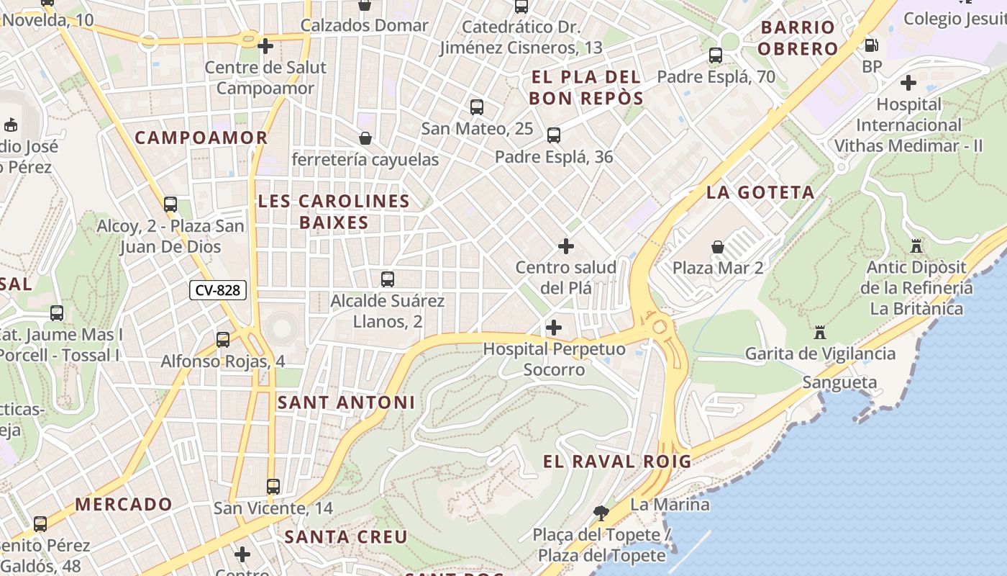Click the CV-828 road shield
tap(218, 290)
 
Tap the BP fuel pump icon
tap(871, 45)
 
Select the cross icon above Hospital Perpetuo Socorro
tap(553, 328)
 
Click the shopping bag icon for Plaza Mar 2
tap(717, 247)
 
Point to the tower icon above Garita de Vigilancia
tap(819, 333)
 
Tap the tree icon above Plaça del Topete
tap(601, 513)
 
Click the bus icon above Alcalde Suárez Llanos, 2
tap(387, 279)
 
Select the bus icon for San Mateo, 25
tap(476, 107)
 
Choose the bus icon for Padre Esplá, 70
tap(715, 55)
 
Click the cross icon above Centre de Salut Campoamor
tap(265, 46)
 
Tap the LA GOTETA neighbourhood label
tap(760, 192)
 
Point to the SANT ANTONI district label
tap(346, 402)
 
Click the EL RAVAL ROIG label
tap(616, 462)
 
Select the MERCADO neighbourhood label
tap(124, 504)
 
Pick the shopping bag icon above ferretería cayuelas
tap(365, 138)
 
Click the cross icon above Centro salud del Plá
tap(566, 246)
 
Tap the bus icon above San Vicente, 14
tap(273, 486)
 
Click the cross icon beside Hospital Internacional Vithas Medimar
tap(908, 83)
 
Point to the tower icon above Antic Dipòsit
tap(916, 246)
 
